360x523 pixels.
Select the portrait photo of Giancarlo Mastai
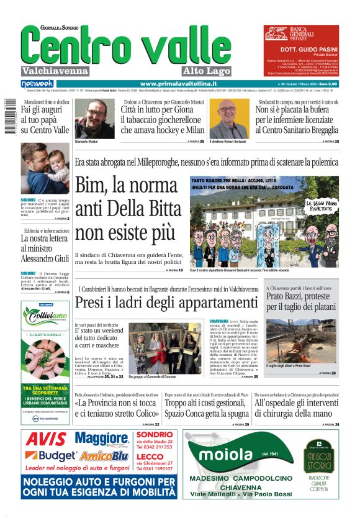pyautogui.click(x=94, y=119)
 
